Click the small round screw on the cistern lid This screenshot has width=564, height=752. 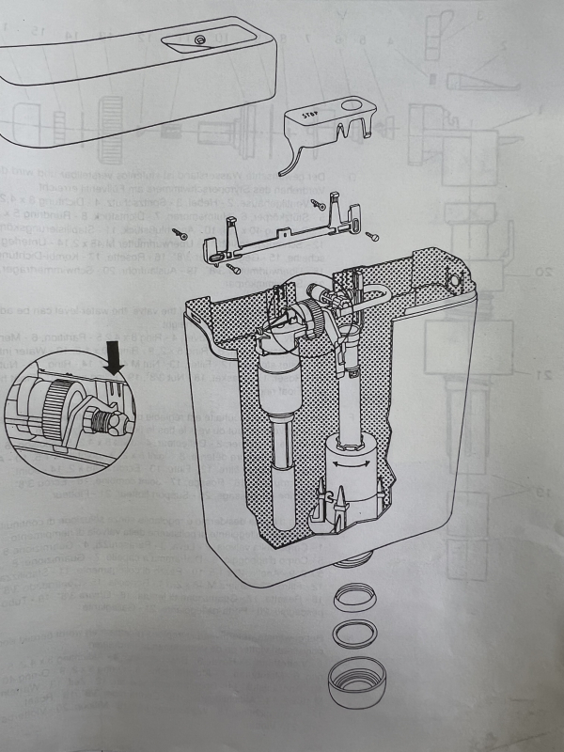[x=199, y=40]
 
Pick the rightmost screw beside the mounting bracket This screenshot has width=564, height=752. [x=371, y=235]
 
